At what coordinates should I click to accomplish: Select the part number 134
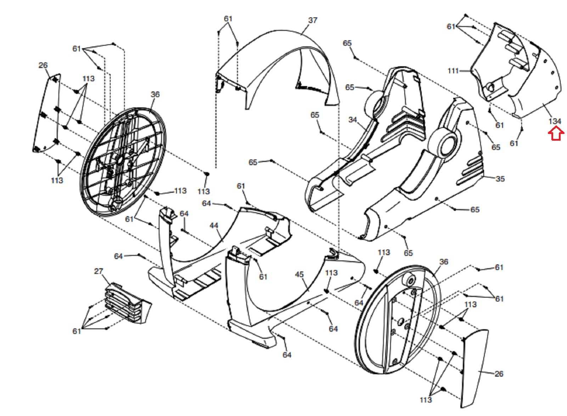(555, 121)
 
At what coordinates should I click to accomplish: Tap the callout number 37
(313, 20)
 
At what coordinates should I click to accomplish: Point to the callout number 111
(453, 71)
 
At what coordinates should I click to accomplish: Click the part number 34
(352, 120)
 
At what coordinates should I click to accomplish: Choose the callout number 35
(500, 179)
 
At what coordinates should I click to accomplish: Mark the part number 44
(214, 226)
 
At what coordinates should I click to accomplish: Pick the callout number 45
(299, 275)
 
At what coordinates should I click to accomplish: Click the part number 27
(99, 271)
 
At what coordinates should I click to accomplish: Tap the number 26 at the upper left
(43, 65)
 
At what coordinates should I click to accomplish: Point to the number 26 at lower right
(499, 374)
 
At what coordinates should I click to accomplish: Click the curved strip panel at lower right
(475, 369)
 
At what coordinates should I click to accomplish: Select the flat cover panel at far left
(48, 113)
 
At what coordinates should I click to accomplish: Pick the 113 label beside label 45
(331, 273)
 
